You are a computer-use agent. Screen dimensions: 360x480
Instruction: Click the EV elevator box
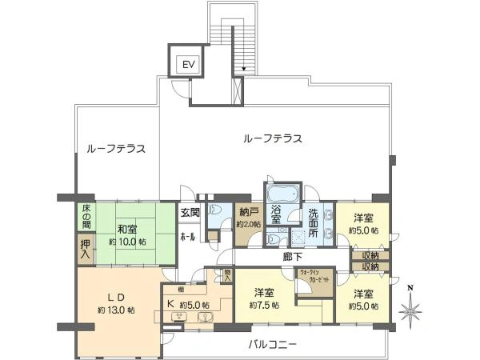(188, 64)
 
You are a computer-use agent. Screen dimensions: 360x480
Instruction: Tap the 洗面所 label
(317, 222)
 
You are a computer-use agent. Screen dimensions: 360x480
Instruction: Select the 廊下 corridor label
(292, 257)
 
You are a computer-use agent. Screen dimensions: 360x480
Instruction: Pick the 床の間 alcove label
(86, 217)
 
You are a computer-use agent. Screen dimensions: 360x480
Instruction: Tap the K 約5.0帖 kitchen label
(189, 305)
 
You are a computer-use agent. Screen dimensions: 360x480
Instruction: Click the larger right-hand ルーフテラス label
(272, 138)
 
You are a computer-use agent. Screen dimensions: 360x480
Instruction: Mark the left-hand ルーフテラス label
(115, 149)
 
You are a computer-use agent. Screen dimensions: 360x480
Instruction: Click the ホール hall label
(188, 237)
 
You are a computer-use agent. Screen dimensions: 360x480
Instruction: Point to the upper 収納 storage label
(370, 255)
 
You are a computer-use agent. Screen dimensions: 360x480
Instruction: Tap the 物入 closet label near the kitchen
(228, 275)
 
